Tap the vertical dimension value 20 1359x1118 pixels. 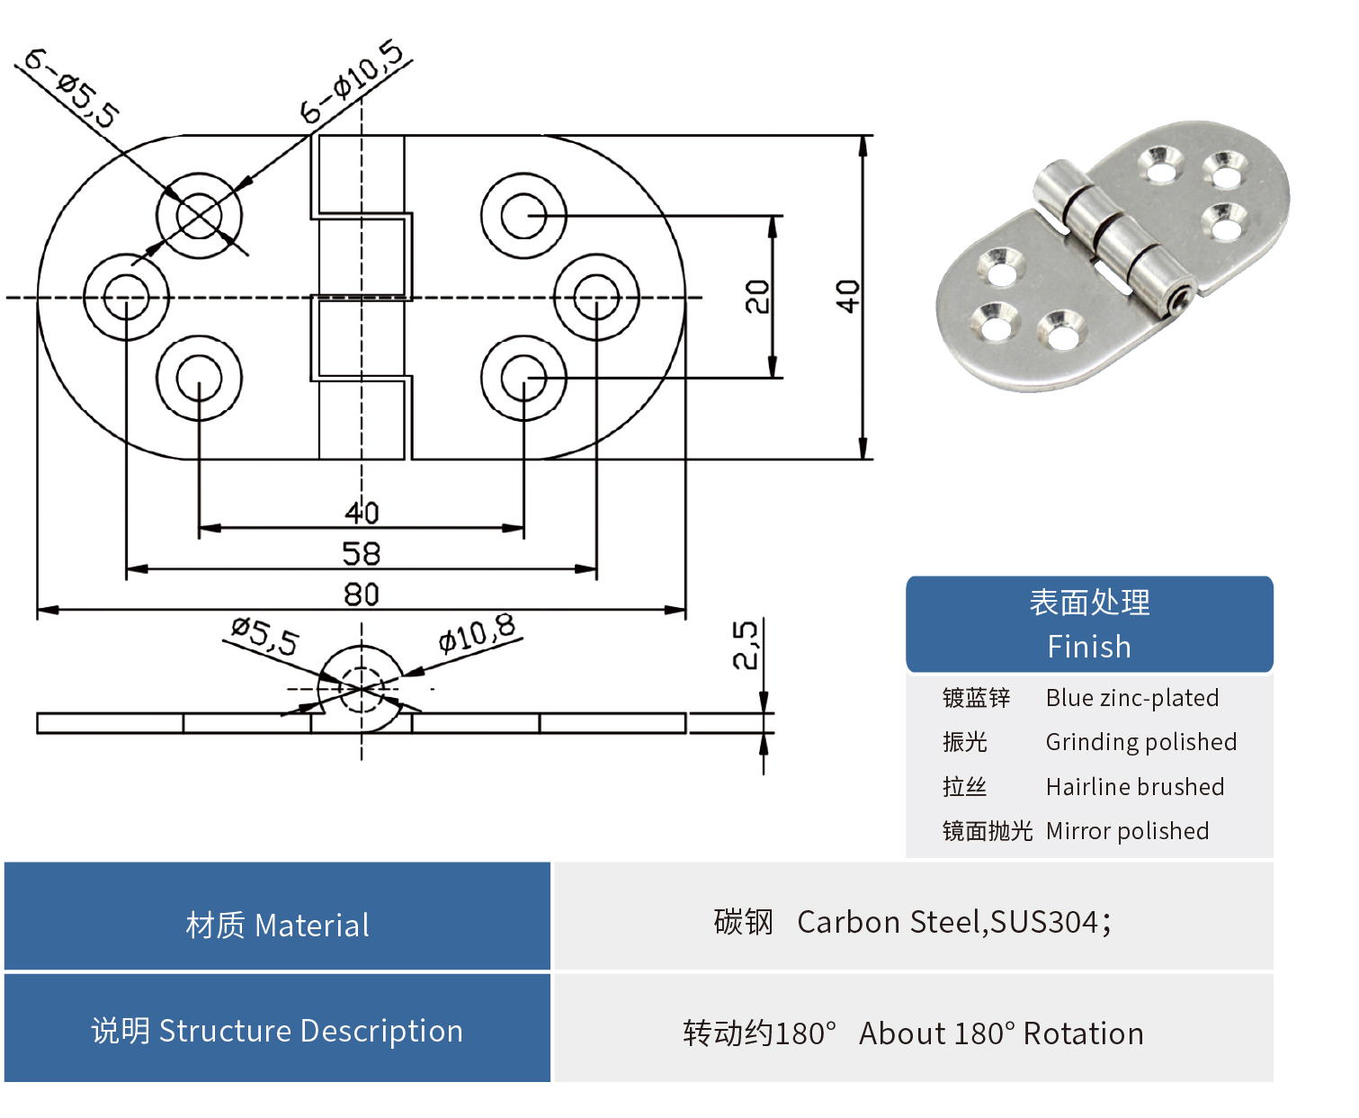pyautogui.click(x=758, y=296)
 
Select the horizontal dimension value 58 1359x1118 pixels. pyautogui.click(x=362, y=553)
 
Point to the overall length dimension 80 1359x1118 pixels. pyautogui.click(x=362, y=595)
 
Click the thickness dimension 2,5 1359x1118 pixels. pyautogui.click(x=747, y=645)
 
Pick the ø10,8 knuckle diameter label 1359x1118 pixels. pyautogui.click(x=477, y=634)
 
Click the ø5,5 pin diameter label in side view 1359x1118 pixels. pyautogui.click(x=264, y=636)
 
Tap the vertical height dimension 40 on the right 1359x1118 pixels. pyautogui.click(x=847, y=296)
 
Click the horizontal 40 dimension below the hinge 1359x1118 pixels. pyautogui.click(x=362, y=513)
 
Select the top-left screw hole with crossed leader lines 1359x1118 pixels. pyautogui.click(x=199, y=216)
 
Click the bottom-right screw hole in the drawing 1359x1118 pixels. pyautogui.click(x=523, y=378)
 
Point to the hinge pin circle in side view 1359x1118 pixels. pyautogui.click(x=362, y=689)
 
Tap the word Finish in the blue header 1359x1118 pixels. pyautogui.click(x=1089, y=647)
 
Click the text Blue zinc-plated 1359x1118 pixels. pyautogui.click(x=1132, y=698)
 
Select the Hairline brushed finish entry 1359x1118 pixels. pyautogui.click(x=1135, y=787)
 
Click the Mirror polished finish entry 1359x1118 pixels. pyautogui.click(x=1127, y=831)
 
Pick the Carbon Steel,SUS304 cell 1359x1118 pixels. pyautogui.click(x=913, y=922)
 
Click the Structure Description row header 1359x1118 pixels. pyautogui.click(x=277, y=1031)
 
